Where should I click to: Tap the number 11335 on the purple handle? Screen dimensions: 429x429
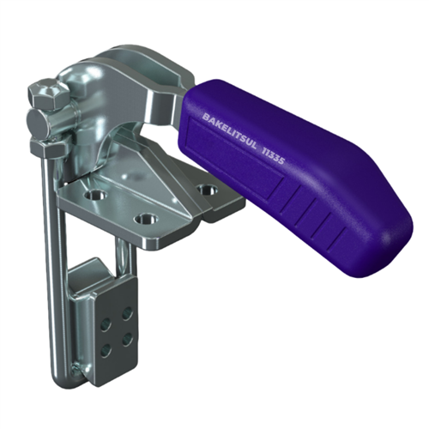coord(273,155)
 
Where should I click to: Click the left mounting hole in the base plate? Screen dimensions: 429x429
coord(96,196)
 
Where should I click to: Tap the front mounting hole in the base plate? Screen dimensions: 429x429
coord(146,219)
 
